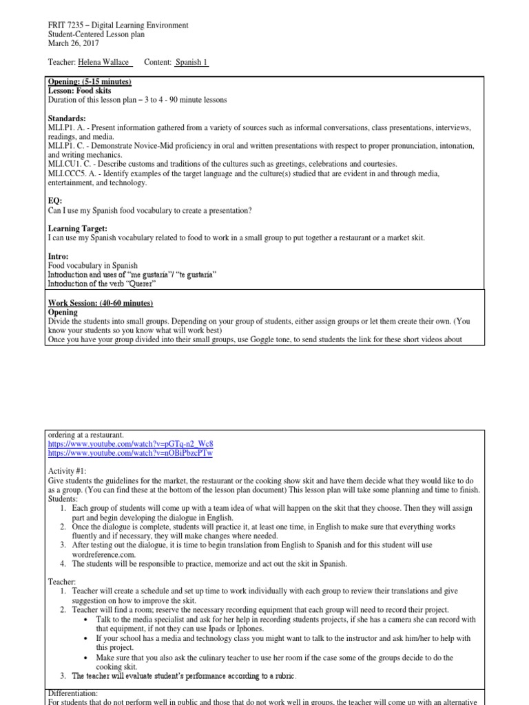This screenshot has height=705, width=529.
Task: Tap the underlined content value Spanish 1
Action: pos(191,63)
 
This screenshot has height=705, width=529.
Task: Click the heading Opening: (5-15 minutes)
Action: pos(89,82)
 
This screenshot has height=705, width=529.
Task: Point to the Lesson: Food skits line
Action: pos(79,91)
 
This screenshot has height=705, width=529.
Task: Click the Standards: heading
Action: pos(67,118)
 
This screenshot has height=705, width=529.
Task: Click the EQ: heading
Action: pos(55,200)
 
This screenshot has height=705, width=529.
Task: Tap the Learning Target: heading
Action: pos(77,228)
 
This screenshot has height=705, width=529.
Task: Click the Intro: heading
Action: pos(59,255)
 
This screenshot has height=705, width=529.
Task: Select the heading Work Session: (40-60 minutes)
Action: pos(101,303)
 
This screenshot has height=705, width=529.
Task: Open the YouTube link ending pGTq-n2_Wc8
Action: pos(131,444)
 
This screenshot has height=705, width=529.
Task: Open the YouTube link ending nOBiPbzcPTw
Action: pos(131,454)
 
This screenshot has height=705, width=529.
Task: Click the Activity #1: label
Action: pos(68,470)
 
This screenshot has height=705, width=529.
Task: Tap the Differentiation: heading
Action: pos(74,693)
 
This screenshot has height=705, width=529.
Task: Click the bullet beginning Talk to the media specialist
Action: pos(276,619)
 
